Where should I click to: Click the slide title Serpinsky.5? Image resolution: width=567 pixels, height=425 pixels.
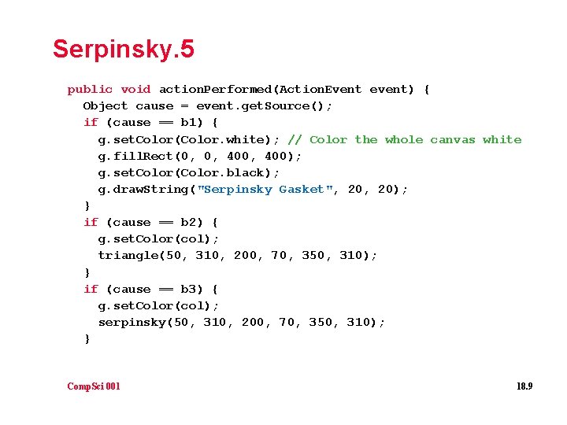(x=123, y=50)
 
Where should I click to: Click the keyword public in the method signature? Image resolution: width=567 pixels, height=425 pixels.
(x=90, y=90)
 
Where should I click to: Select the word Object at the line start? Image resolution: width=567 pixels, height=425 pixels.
(x=105, y=106)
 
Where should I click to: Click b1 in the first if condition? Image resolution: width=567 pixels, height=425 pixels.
(x=189, y=123)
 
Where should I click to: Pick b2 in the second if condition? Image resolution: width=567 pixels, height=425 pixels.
(x=189, y=223)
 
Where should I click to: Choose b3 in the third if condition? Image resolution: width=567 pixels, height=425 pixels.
(x=189, y=290)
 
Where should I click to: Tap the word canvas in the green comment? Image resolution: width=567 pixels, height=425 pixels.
(x=453, y=139)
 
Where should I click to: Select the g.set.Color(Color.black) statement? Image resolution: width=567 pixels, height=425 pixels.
(x=188, y=172)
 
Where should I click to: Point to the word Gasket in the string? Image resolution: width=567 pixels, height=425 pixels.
(x=302, y=189)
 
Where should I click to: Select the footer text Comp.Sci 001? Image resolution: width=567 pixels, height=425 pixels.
(x=94, y=386)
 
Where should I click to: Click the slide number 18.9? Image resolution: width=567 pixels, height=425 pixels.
(x=524, y=386)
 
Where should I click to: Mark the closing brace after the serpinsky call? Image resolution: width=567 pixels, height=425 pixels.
(x=87, y=339)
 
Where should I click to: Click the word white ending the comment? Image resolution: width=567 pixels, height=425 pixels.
(x=502, y=139)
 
